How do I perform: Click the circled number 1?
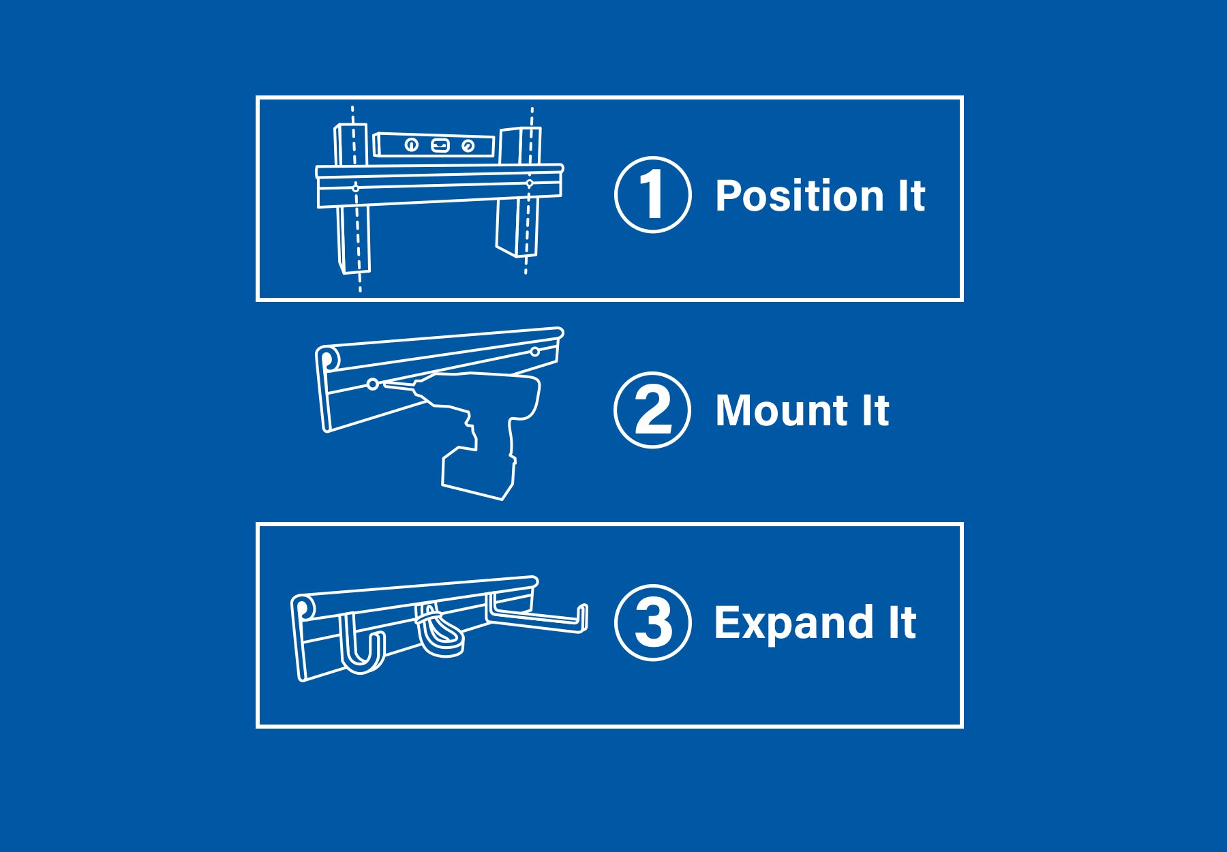652,195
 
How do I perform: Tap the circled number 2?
652,410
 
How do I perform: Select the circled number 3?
652,623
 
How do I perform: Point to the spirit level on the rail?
434,145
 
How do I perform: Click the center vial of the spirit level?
440,145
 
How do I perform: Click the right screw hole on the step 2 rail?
535,352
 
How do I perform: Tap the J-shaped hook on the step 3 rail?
362,648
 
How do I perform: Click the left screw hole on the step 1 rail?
355,187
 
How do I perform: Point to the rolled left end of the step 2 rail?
327,359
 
